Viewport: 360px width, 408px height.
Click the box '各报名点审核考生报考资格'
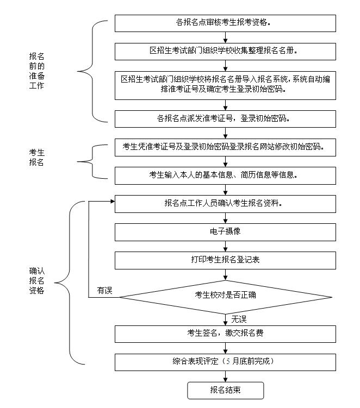click(x=225, y=23)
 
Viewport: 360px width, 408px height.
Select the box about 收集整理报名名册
click(x=225, y=51)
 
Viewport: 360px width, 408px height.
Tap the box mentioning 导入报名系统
click(x=225, y=84)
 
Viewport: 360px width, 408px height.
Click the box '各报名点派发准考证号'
click(x=225, y=118)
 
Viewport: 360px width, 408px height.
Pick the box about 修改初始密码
click(x=225, y=147)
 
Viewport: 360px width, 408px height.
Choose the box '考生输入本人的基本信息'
click(x=225, y=174)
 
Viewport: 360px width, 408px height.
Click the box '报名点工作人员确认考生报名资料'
click(x=225, y=203)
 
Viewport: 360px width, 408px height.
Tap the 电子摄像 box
click(x=225, y=231)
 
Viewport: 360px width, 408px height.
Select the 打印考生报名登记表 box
click(x=225, y=260)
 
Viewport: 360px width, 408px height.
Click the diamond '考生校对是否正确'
click(x=225, y=296)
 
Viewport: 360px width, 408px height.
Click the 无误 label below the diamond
click(x=239, y=318)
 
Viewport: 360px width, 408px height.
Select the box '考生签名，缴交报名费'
click(x=225, y=333)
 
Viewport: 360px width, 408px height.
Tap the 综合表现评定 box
click(x=225, y=361)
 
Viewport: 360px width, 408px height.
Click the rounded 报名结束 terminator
click(x=225, y=390)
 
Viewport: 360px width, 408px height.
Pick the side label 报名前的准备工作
click(x=36, y=71)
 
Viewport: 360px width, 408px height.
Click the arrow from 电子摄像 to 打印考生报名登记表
click(x=225, y=246)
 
